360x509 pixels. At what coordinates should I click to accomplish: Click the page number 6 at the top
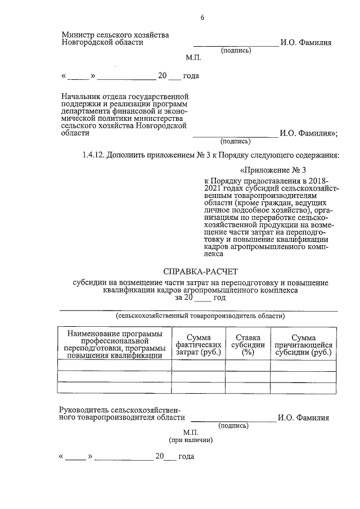pyautogui.click(x=202, y=18)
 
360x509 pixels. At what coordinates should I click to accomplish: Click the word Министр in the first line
pyautogui.click(x=78, y=35)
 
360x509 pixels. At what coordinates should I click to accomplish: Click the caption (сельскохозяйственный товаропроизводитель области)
pyautogui.click(x=199, y=316)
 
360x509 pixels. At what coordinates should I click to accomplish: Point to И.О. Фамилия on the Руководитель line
pyautogui.click(x=303, y=418)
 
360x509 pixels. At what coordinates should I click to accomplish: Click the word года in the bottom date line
pyautogui.click(x=186, y=456)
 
